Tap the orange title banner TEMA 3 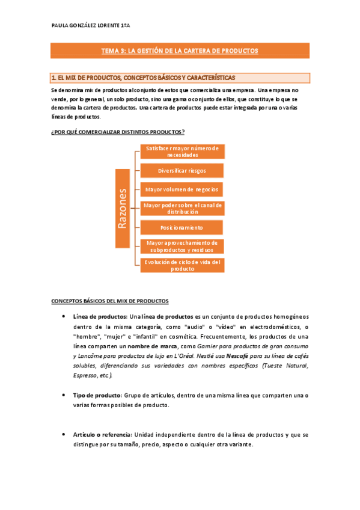point(180,51)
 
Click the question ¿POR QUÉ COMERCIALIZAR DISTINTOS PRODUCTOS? point(117,132)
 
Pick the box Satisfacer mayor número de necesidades point(182,151)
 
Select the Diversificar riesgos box point(182,170)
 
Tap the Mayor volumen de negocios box point(182,189)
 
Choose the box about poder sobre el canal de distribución point(182,209)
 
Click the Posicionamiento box point(182,228)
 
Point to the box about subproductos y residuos point(182,246)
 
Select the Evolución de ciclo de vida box point(182,265)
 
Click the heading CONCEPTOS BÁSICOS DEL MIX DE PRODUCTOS point(110,301)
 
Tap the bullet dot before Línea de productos point(65,316)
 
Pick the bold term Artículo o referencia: point(102,435)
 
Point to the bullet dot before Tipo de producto point(65,395)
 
